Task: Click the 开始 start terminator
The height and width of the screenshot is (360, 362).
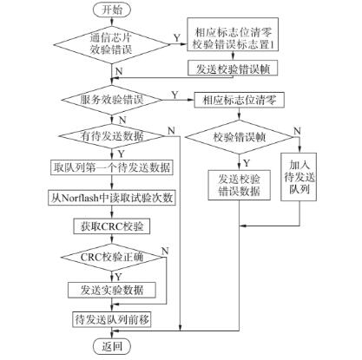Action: coord(113,10)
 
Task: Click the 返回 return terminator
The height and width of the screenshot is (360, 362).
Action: coord(113,346)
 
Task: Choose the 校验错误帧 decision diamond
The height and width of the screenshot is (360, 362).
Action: coord(240,136)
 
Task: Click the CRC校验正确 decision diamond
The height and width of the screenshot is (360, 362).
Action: coord(113,258)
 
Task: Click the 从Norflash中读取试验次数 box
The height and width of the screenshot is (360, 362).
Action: coord(113,198)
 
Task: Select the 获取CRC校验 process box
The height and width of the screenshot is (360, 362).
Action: coord(113,226)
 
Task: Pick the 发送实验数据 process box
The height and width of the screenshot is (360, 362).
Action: coord(113,289)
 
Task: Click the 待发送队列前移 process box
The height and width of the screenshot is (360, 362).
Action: coord(113,319)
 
